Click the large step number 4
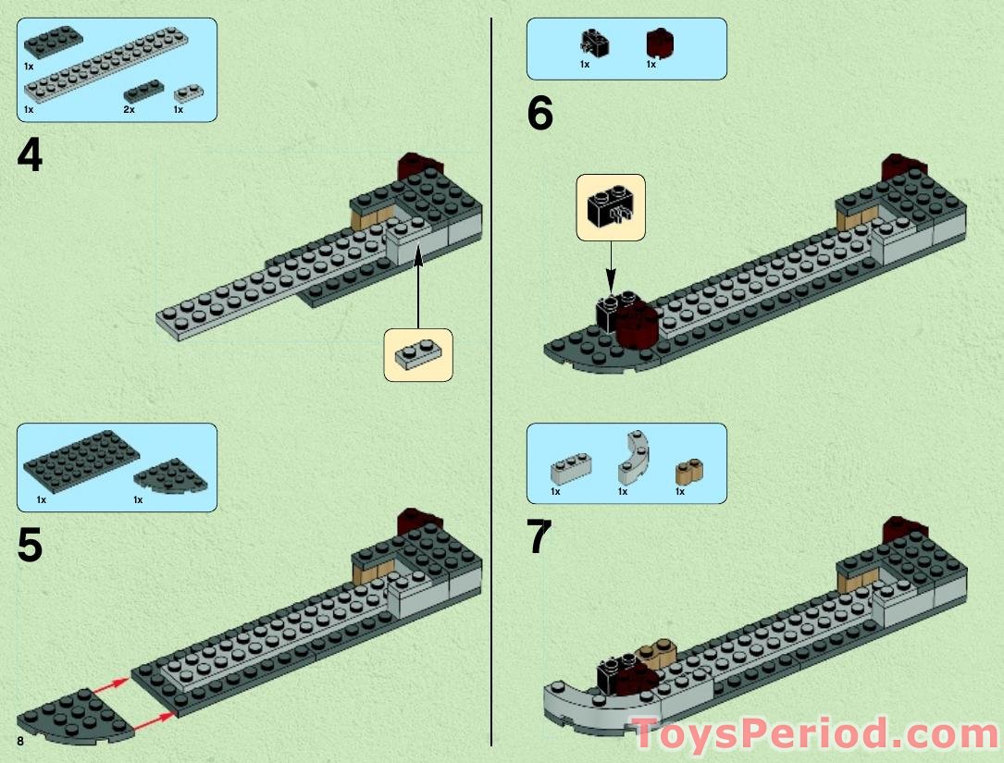[x=30, y=155]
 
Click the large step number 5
[x=30, y=546]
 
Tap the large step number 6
[x=539, y=115]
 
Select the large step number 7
[x=539, y=538]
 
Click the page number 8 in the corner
[x=19, y=743]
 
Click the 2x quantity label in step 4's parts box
[x=129, y=109]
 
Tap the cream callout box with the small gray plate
[x=418, y=355]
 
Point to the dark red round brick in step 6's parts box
[x=659, y=43]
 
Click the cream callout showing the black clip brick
[x=611, y=207]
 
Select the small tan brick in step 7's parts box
[x=685, y=472]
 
